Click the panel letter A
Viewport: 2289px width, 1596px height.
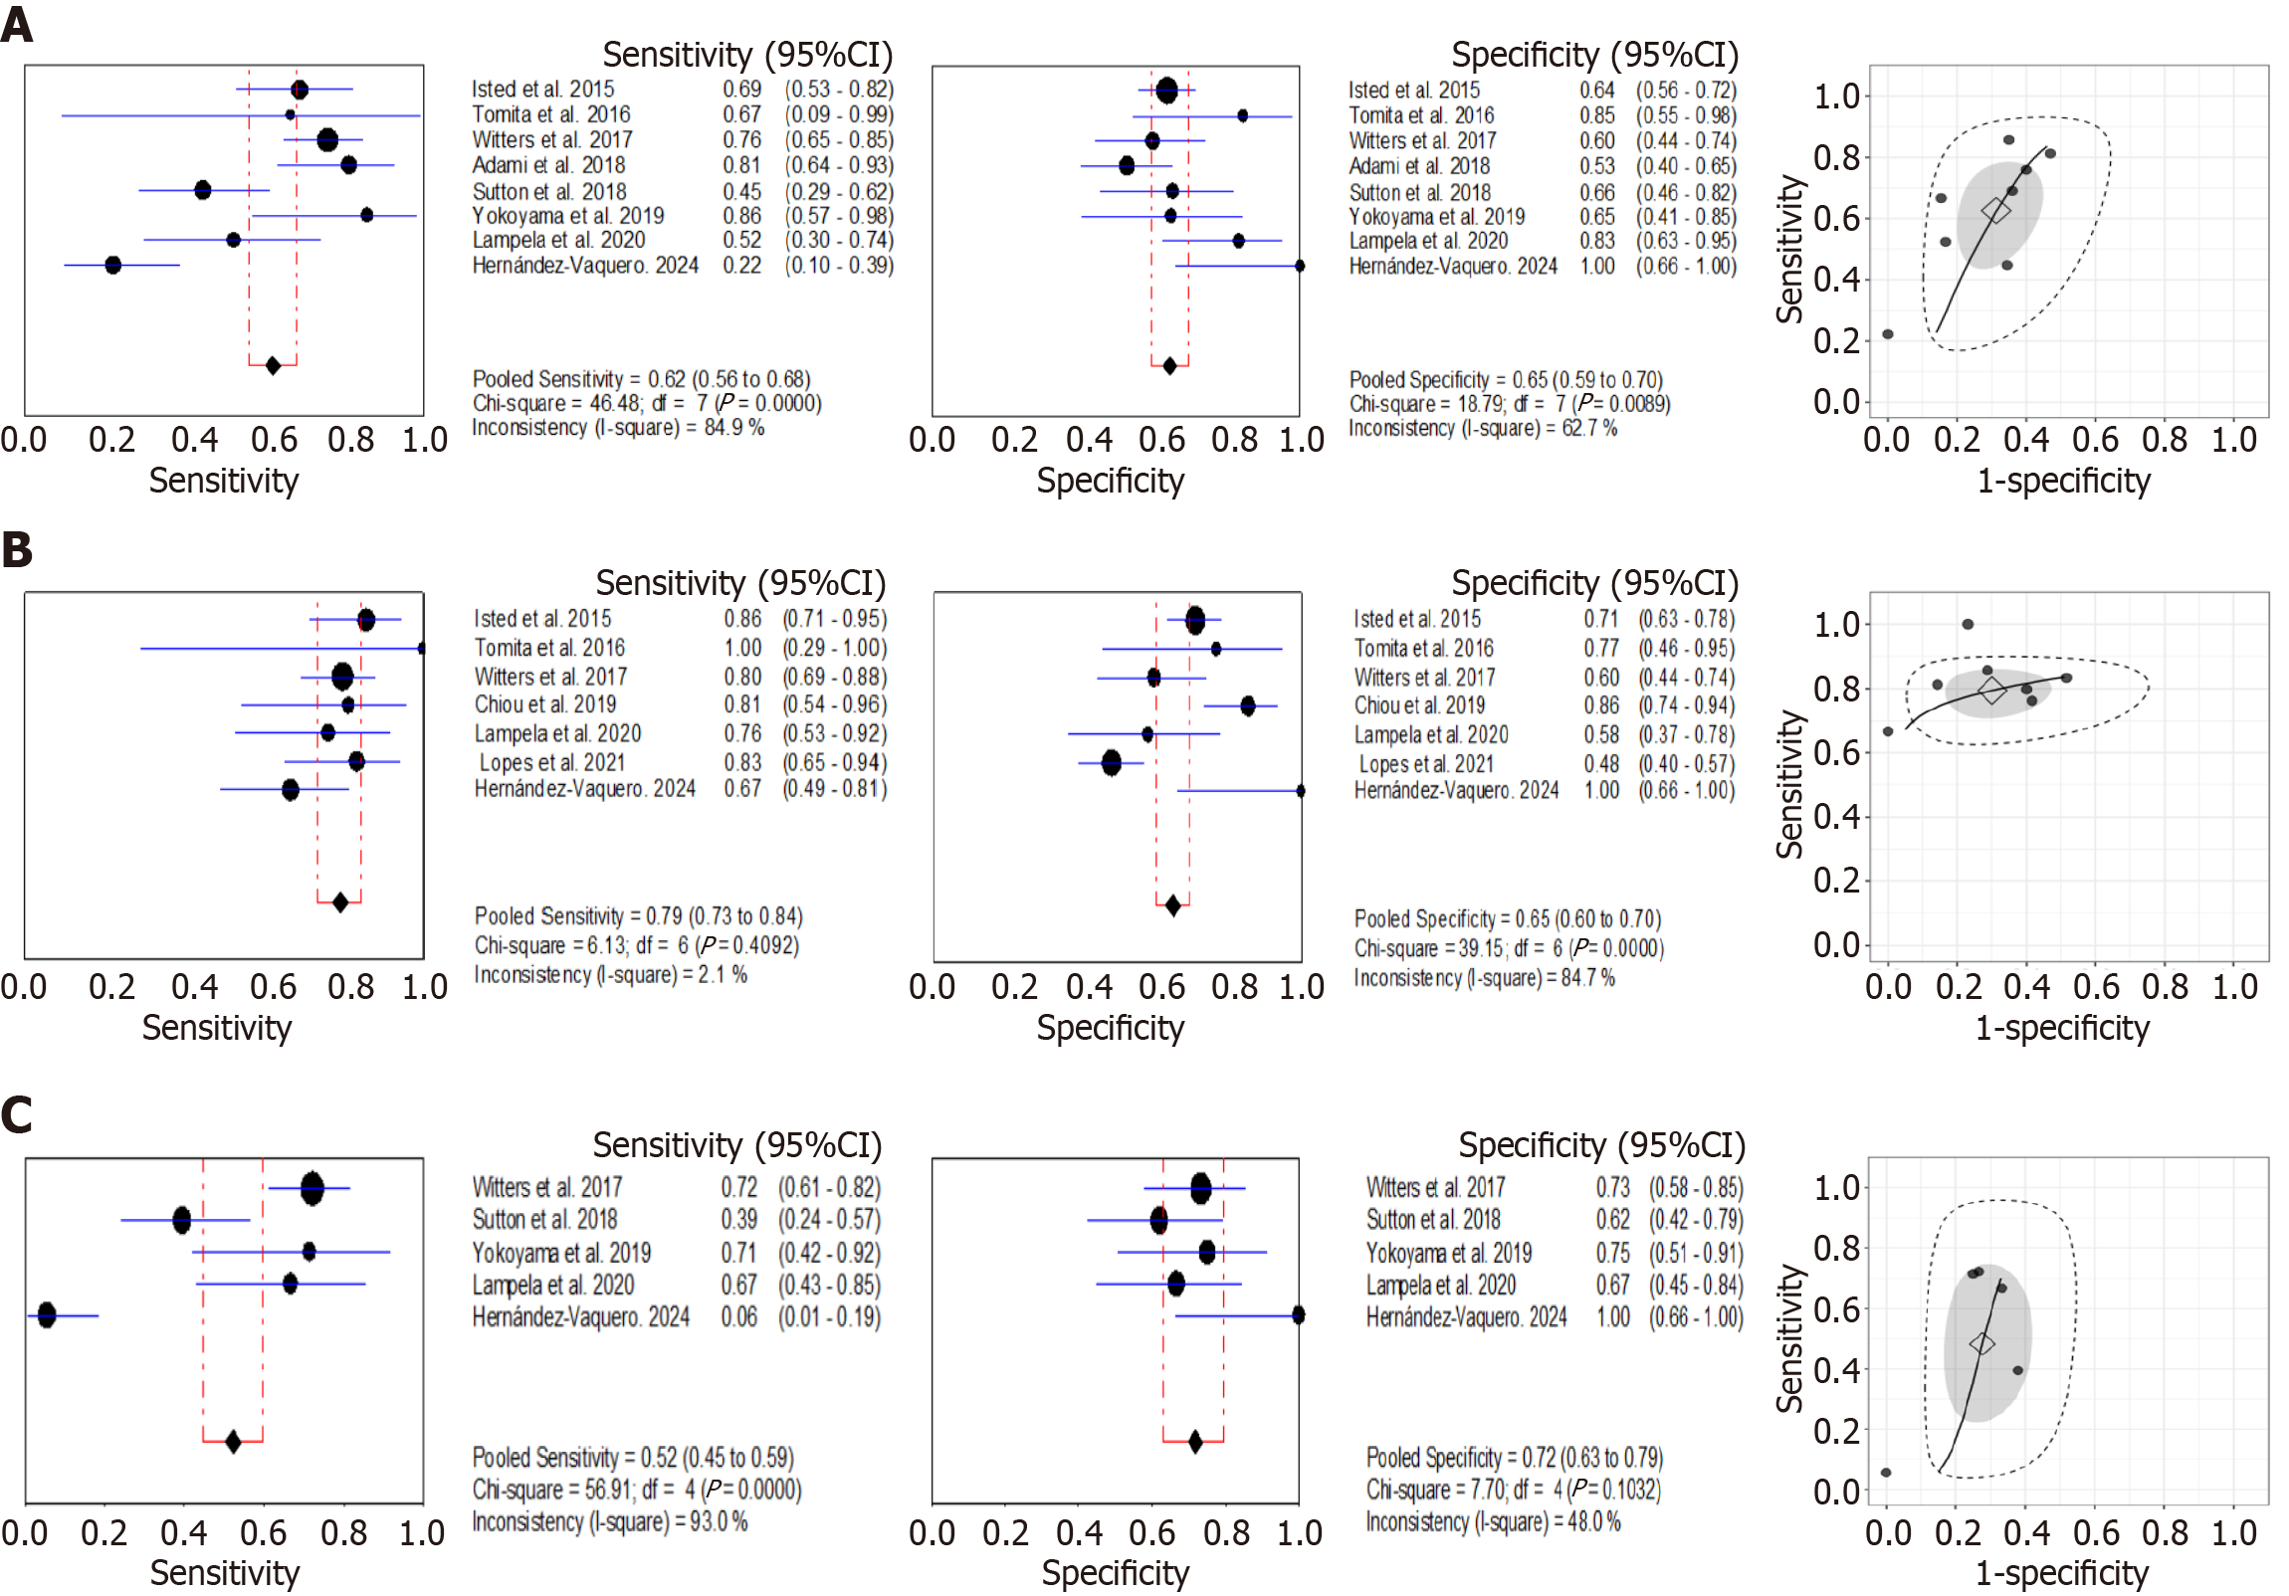17,24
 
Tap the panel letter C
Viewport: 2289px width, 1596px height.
17,1114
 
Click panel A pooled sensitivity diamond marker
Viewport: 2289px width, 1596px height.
273,366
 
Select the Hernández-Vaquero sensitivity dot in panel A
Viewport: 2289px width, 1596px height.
112,265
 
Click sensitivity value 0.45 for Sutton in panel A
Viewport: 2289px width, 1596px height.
741,191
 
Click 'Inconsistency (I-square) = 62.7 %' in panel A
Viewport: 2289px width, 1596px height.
1483,429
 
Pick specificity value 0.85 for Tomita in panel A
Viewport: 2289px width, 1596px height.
1596,115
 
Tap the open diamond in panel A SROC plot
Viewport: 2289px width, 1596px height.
1995,210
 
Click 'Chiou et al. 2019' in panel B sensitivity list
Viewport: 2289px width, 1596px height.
545,704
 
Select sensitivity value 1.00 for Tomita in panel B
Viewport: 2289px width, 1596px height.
742,648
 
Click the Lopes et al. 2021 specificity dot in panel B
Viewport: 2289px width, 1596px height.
1112,763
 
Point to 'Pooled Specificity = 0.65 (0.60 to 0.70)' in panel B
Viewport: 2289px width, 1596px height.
1508,919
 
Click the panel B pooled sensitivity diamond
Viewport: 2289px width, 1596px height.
340,902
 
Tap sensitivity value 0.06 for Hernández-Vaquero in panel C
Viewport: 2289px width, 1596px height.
738,1316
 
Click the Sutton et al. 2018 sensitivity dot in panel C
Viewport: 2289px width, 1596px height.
181,1219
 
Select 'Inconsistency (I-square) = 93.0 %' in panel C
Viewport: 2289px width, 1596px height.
609,1522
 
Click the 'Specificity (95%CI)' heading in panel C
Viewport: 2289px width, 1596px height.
1601,1145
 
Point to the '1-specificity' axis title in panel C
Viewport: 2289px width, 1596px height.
2062,1573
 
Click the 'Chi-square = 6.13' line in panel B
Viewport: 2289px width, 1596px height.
636,945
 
